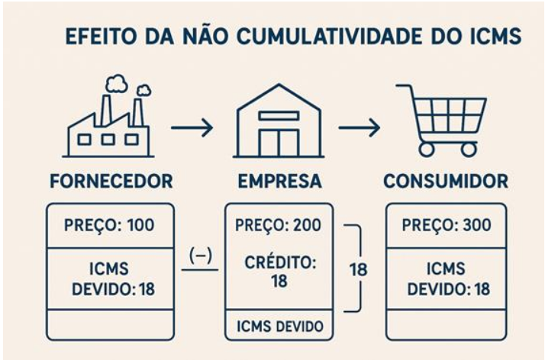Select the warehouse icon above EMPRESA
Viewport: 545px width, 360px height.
point(279,121)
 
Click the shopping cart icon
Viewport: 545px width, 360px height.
point(441,120)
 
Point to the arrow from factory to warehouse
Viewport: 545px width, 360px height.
point(192,127)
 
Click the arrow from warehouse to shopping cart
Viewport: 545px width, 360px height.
point(360,127)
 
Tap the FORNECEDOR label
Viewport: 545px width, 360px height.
point(111,181)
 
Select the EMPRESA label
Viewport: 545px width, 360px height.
point(280,181)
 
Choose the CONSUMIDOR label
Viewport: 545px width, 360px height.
point(446,181)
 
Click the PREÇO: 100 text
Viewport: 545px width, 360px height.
point(109,225)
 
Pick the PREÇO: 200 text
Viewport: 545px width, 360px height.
point(278,225)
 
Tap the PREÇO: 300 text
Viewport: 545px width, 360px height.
point(447,225)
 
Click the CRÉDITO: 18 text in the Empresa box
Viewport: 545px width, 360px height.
point(280,272)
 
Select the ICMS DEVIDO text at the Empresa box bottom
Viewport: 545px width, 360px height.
point(280,326)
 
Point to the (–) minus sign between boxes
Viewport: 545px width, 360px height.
point(201,256)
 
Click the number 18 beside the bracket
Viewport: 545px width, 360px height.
point(358,269)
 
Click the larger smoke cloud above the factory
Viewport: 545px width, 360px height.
point(117,85)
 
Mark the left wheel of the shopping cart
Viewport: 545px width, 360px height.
point(427,149)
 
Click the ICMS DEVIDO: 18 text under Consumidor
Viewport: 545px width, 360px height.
point(448,279)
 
